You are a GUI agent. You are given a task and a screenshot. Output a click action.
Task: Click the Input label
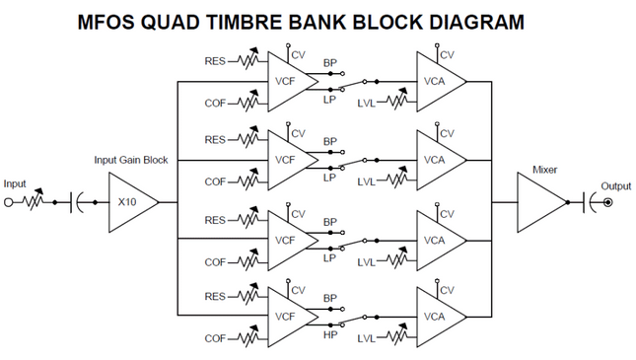pyautogui.click(x=15, y=183)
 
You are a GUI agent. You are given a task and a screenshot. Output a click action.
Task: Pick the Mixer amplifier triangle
pyautogui.click(x=540, y=202)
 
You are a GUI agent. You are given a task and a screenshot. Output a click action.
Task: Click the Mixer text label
pyautogui.click(x=544, y=170)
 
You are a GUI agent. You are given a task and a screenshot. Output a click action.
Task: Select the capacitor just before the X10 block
pyautogui.click(x=76, y=202)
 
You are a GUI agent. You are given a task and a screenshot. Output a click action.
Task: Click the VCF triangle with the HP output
pyautogui.click(x=287, y=318)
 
